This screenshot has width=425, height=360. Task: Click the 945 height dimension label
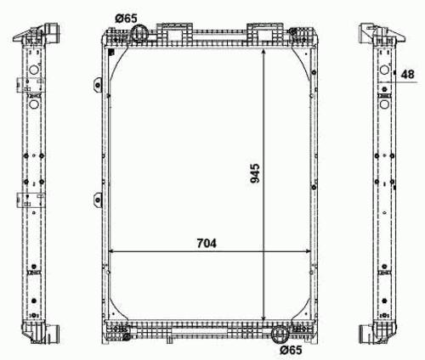255,173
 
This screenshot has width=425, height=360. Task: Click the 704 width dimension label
207,244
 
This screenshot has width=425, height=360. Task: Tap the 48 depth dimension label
408,75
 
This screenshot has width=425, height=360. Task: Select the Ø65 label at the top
126,19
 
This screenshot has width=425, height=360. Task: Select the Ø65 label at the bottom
291,350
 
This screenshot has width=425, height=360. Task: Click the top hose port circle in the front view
139,33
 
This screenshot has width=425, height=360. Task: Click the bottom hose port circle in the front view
280,334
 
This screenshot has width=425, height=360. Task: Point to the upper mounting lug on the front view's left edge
98,85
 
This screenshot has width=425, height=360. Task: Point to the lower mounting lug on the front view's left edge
98,200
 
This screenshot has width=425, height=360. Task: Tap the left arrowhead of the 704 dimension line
111,251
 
